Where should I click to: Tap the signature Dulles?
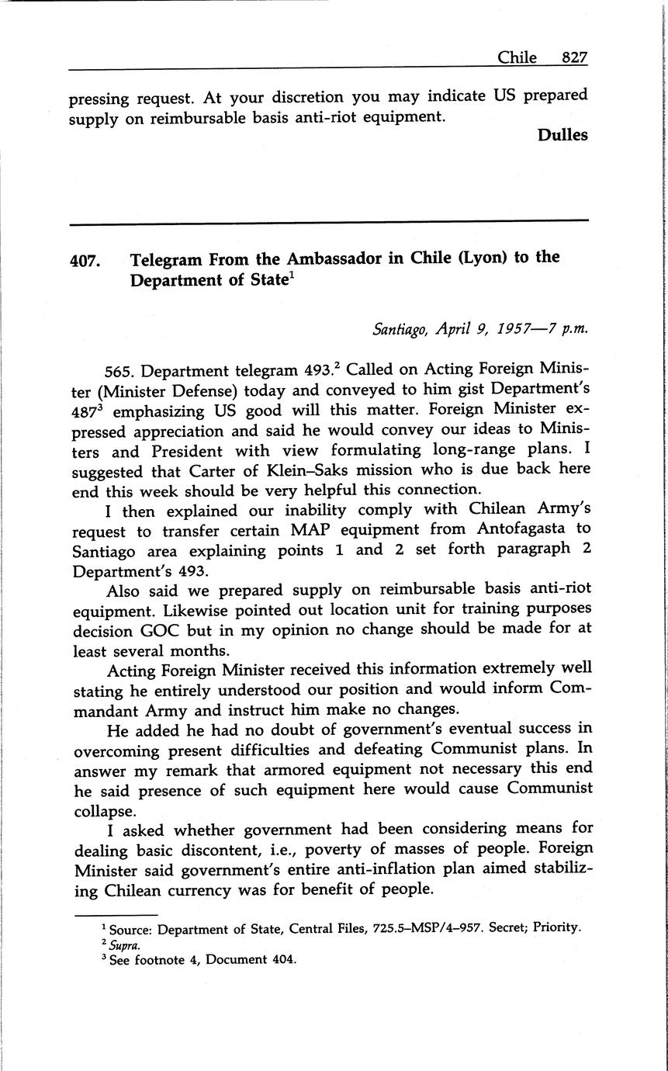tap(562, 135)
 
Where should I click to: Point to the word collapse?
tap(103, 809)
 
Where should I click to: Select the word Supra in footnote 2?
tap(124, 944)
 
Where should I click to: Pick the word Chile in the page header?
tap(517, 57)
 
